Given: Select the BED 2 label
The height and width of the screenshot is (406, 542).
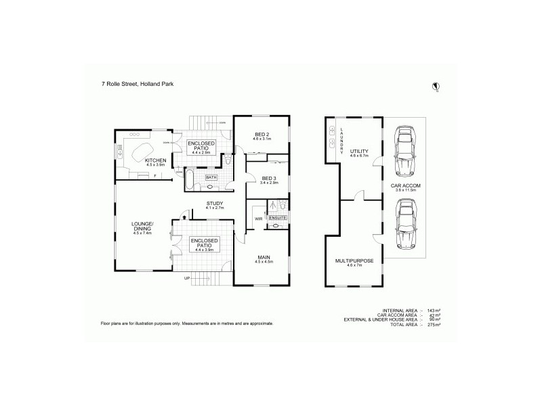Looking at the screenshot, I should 263,135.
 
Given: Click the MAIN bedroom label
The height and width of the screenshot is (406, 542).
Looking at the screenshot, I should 264,256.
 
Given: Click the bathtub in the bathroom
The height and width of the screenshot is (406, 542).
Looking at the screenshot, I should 190,179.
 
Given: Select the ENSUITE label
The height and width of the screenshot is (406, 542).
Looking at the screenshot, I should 278,218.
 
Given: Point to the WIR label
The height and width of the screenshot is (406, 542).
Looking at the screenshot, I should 259,219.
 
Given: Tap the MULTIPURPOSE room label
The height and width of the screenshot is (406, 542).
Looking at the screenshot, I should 355,260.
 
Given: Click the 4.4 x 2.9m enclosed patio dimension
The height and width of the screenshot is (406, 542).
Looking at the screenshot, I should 201,153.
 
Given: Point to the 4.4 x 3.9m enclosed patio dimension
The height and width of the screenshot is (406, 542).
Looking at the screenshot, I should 203,250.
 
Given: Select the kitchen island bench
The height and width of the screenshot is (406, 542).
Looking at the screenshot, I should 142,150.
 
